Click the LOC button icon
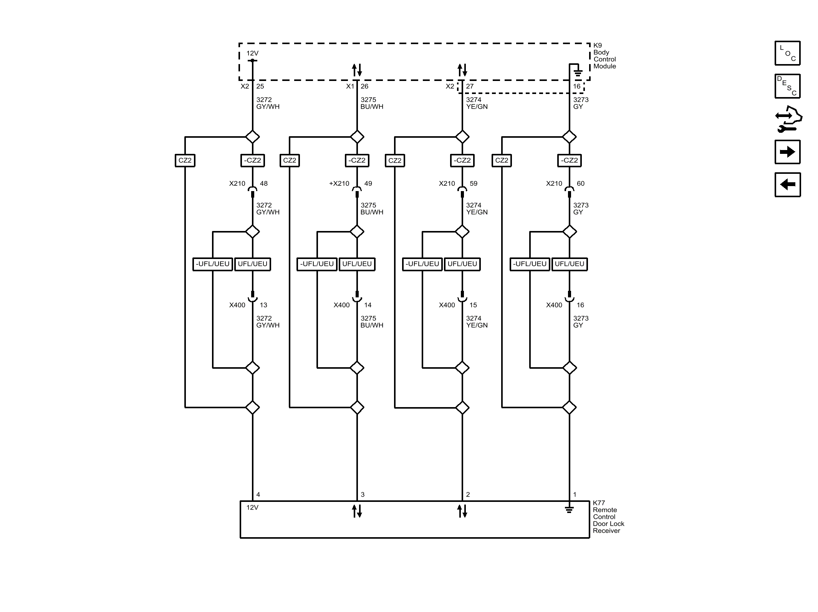787,53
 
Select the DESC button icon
787,86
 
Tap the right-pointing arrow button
787,152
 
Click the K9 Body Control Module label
604,56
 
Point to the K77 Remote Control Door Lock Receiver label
608,516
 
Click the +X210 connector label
339,183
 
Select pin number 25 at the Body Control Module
260,86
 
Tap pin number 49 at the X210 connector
368,183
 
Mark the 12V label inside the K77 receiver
252,507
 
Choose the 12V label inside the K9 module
252,53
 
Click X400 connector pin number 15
473,305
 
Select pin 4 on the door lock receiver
258,495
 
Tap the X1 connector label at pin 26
350,86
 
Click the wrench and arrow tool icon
788,119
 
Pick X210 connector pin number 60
580,183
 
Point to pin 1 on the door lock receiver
575,495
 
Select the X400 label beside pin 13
237,305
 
